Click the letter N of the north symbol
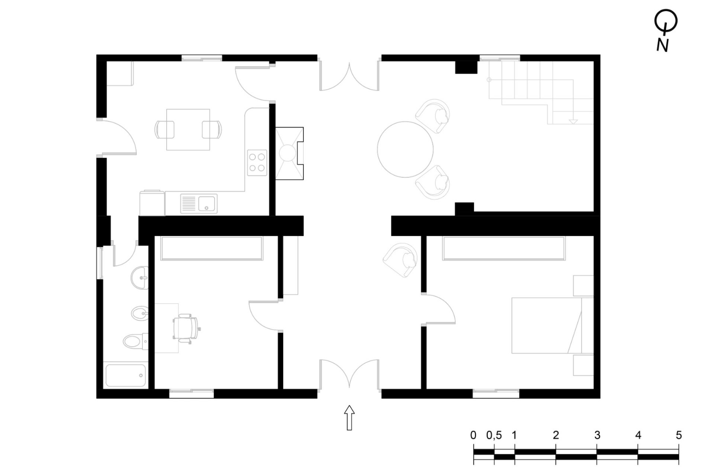point(662,45)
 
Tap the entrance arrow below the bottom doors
point(349,418)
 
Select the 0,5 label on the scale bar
point(494,435)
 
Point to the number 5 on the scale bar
point(679,435)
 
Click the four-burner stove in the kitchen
point(257,163)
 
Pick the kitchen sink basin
point(208,203)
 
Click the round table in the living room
point(405,149)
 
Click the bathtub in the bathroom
point(126,375)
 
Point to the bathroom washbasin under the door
point(139,277)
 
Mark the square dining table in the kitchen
point(188,129)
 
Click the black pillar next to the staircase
point(466,67)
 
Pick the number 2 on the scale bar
point(556,435)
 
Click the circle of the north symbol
point(666,21)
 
